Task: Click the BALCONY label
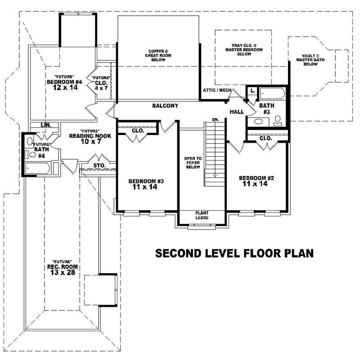coord(165,106)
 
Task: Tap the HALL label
coord(237,112)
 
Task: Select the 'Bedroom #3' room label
coord(145,184)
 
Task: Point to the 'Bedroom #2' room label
coord(256,180)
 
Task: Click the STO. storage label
coord(99,166)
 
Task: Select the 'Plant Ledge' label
coord(202,216)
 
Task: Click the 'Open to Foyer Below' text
coord(192,163)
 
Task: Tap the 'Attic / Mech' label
coord(217,90)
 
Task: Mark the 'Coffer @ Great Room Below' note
coord(158,55)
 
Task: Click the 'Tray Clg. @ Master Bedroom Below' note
coord(244,49)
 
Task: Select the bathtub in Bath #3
coord(273,93)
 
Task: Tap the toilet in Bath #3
coord(278,120)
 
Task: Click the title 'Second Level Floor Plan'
coord(234,253)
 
